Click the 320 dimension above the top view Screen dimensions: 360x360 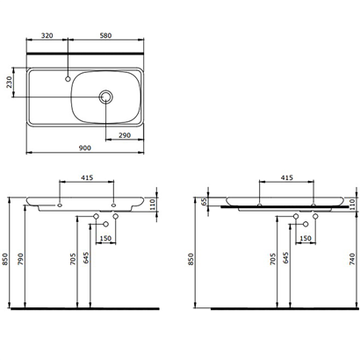pos(48,38)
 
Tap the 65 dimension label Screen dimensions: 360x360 pos(205,201)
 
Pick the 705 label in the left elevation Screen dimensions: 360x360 pos(72,258)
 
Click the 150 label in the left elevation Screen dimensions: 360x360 pos(105,238)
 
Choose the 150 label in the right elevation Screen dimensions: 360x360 pos(305,238)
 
